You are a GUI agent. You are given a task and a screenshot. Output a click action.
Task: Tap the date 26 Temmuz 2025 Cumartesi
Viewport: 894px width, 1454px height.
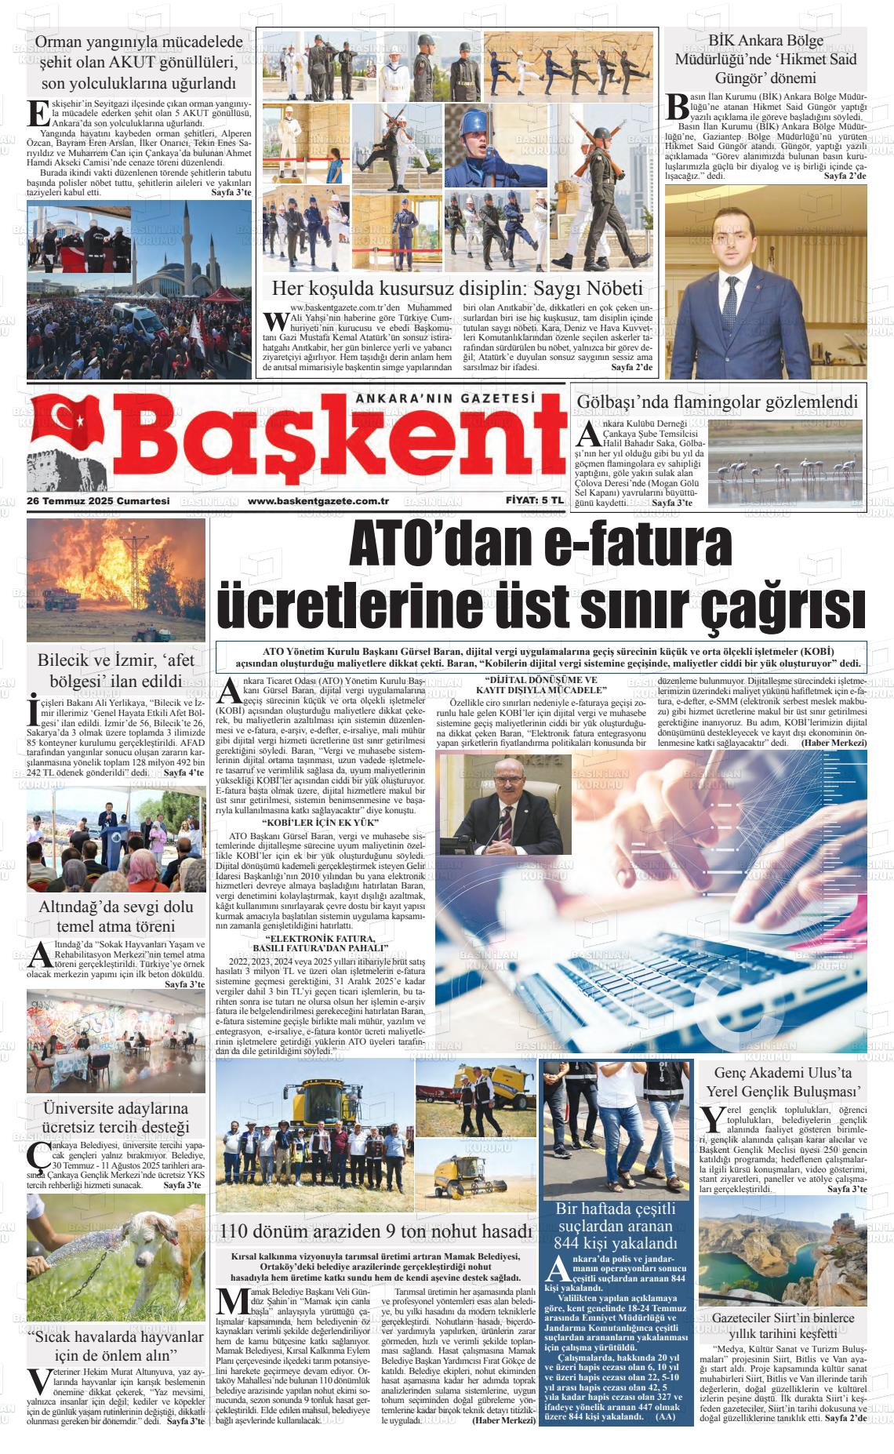pyautogui.click(x=98, y=500)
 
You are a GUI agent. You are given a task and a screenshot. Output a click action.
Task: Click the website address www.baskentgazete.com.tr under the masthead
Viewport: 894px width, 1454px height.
pyautogui.click(x=318, y=500)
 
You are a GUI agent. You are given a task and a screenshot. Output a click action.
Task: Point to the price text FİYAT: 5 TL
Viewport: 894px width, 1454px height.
pyautogui.click(x=534, y=500)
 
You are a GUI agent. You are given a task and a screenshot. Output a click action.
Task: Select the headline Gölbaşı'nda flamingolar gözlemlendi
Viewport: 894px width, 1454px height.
pyautogui.click(x=717, y=402)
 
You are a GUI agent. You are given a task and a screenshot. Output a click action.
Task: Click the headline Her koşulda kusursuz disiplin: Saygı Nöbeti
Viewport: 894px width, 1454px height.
pyautogui.click(x=457, y=287)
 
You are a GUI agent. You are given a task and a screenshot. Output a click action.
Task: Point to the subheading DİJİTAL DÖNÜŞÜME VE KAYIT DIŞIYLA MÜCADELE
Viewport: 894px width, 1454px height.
pyautogui.click(x=542, y=684)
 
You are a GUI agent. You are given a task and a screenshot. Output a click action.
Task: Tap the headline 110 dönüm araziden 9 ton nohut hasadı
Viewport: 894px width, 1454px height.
pyautogui.click(x=376, y=1231)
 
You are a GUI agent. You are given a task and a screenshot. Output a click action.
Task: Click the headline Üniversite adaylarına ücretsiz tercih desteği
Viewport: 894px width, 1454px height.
pyautogui.click(x=116, y=1118)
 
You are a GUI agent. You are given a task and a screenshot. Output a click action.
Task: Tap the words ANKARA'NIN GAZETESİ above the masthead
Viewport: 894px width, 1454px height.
pyautogui.click(x=445, y=400)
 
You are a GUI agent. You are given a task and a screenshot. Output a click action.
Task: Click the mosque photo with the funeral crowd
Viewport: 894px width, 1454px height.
pyautogui.click(x=140, y=289)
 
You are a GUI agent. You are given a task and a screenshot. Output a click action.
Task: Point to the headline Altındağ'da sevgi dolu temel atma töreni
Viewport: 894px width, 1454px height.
pyautogui.click(x=116, y=916)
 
